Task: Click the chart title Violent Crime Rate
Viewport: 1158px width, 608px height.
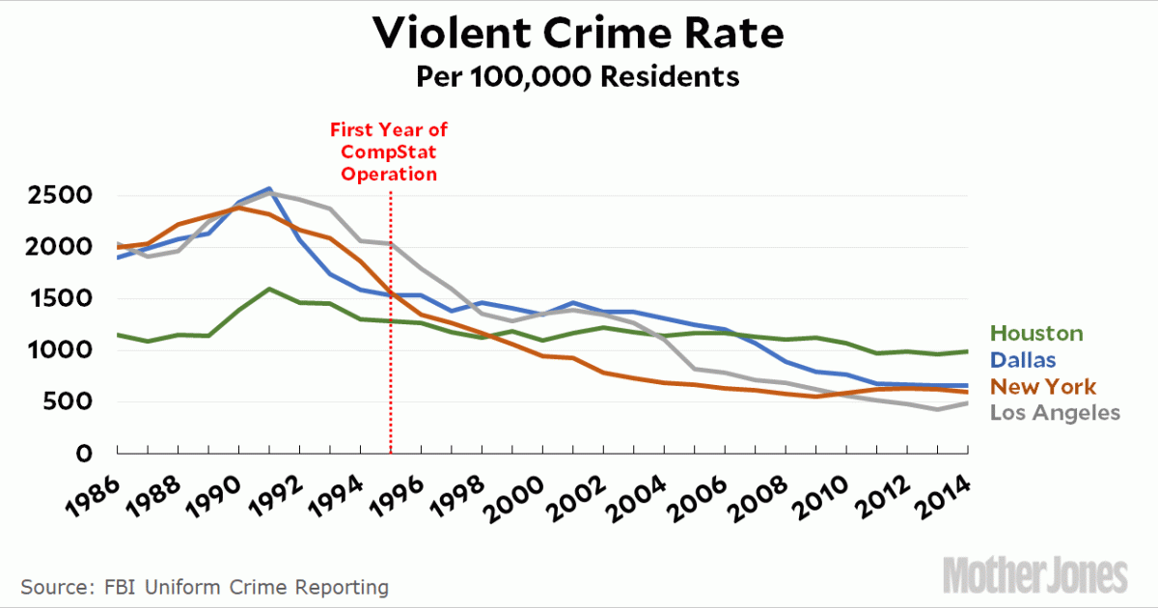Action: pyautogui.click(x=578, y=34)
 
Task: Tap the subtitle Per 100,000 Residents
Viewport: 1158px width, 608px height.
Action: pyautogui.click(x=578, y=76)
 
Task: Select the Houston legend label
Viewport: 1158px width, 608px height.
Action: pyautogui.click(x=1037, y=334)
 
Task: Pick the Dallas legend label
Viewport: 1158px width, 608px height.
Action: pyautogui.click(x=1024, y=360)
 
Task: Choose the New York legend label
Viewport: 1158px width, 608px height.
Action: pyautogui.click(x=1044, y=386)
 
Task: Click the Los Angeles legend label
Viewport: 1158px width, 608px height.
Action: pyautogui.click(x=1056, y=412)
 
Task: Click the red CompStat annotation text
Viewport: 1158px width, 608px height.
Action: pyautogui.click(x=389, y=152)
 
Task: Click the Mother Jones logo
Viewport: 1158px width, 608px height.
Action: pyautogui.click(x=1034, y=575)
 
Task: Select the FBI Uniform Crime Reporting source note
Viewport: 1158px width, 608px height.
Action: pyautogui.click(x=205, y=587)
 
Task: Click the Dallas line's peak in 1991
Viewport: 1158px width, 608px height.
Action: pyautogui.click(x=269, y=189)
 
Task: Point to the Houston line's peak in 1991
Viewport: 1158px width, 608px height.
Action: pyautogui.click(x=269, y=289)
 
